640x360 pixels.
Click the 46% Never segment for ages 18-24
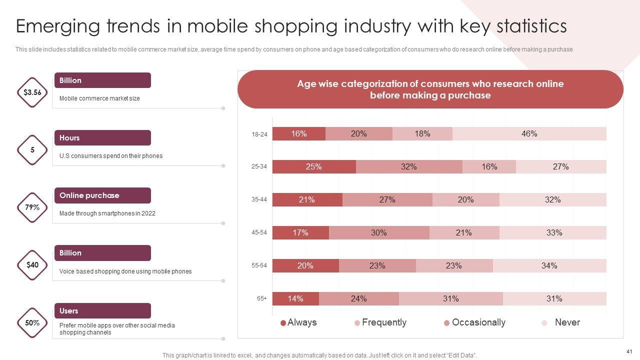[x=529, y=133]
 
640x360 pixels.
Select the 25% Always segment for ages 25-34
[x=314, y=167]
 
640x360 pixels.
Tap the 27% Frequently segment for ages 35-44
[x=387, y=200]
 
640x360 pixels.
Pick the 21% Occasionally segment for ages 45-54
[x=464, y=232]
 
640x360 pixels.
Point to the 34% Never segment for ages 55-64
[x=549, y=265]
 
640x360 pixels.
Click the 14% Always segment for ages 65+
[x=295, y=299]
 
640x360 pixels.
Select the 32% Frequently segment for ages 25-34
[x=408, y=167]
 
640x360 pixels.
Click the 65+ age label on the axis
[x=262, y=298]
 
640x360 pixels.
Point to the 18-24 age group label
[x=259, y=134]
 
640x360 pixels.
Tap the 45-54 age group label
[x=259, y=232]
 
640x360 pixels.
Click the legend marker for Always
[x=283, y=323]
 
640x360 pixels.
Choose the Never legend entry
[x=567, y=322]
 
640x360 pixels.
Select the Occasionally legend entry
[x=478, y=322]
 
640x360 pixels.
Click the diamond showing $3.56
[x=32, y=92]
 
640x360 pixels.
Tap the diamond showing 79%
[x=32, y=207]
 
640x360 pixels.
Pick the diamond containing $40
[x=32, y=265]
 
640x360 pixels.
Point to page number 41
[x=629, y=351]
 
